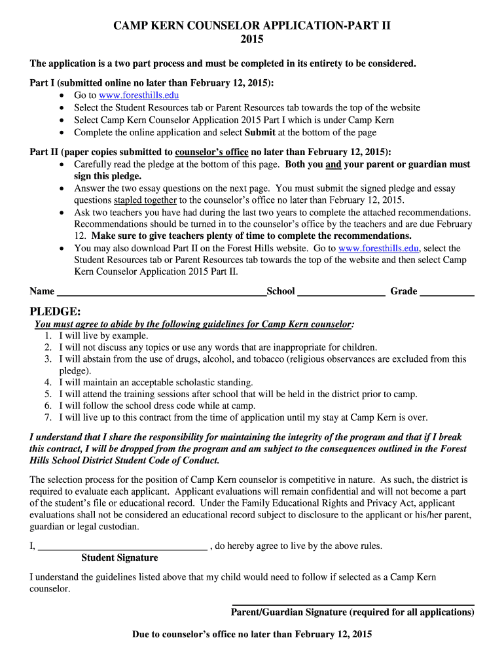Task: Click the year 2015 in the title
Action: click(252, 40)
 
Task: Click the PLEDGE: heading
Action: click(56, 311)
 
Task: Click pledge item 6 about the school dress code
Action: click(157, 406)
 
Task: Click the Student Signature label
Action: click(119, 557)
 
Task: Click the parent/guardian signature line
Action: click(353, 604)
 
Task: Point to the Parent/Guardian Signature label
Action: click(352, 612)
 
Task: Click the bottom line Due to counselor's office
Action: click(252, 634)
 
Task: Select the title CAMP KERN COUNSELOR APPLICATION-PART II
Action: click(252, 26)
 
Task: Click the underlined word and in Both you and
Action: click(333, 164)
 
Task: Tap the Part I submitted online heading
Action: click(153, 83)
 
